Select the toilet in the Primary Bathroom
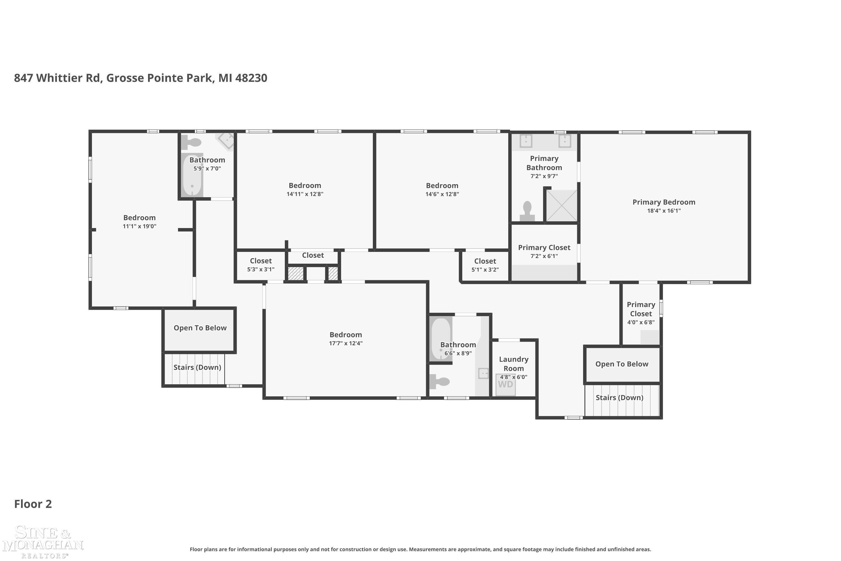tap(527, 211)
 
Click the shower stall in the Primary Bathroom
tap(562, 205)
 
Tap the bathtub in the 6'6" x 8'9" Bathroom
tap(441, 339)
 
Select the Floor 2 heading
tap(33, 504)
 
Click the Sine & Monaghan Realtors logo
tap(43, 542)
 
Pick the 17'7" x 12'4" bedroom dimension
tap(346, 343)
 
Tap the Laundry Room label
tap(514, 364)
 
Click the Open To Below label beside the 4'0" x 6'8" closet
tap(622, 364)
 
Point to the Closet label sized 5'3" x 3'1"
tap(261, 261)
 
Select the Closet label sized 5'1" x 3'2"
tap(485, 261)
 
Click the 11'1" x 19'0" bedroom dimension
tap(139, 226)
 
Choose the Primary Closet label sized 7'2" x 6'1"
tap(544, 248)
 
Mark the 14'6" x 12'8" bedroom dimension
tap(442, 194)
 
